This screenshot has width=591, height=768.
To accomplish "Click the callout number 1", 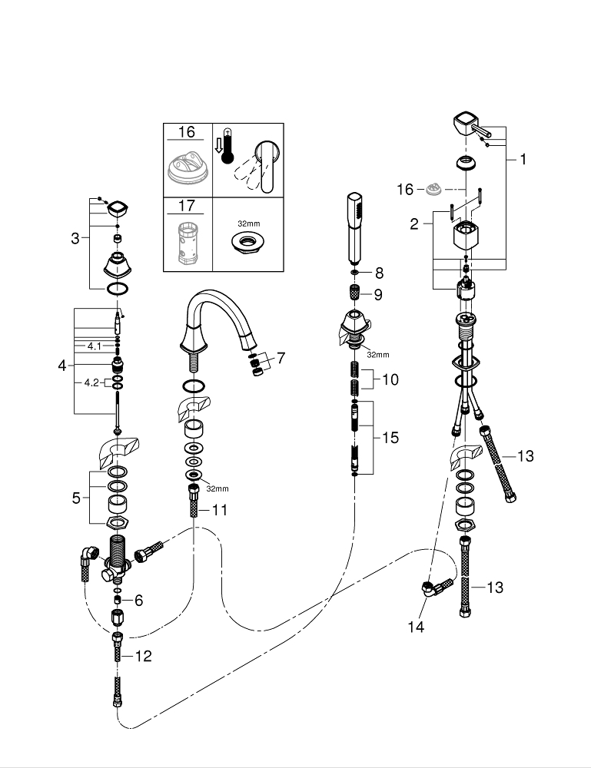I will pos(523,160).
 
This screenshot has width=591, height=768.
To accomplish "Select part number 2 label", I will pos(414,224).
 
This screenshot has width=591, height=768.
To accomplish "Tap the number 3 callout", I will pos(75,239).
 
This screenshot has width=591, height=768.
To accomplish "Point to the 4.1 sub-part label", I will pos(94,346).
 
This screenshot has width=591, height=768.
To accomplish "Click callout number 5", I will pos(76,498).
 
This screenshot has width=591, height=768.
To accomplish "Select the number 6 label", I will pos(138,600).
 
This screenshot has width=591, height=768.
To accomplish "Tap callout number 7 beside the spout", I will pos(281,358).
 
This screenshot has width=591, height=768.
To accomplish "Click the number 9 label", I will pos(378,294).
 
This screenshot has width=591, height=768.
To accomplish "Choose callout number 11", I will pos(221,508).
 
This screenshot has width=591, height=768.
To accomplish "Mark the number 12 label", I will pos(143,656).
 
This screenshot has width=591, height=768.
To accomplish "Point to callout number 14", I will pos(416,627).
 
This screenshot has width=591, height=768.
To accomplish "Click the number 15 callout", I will pos(390,438).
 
